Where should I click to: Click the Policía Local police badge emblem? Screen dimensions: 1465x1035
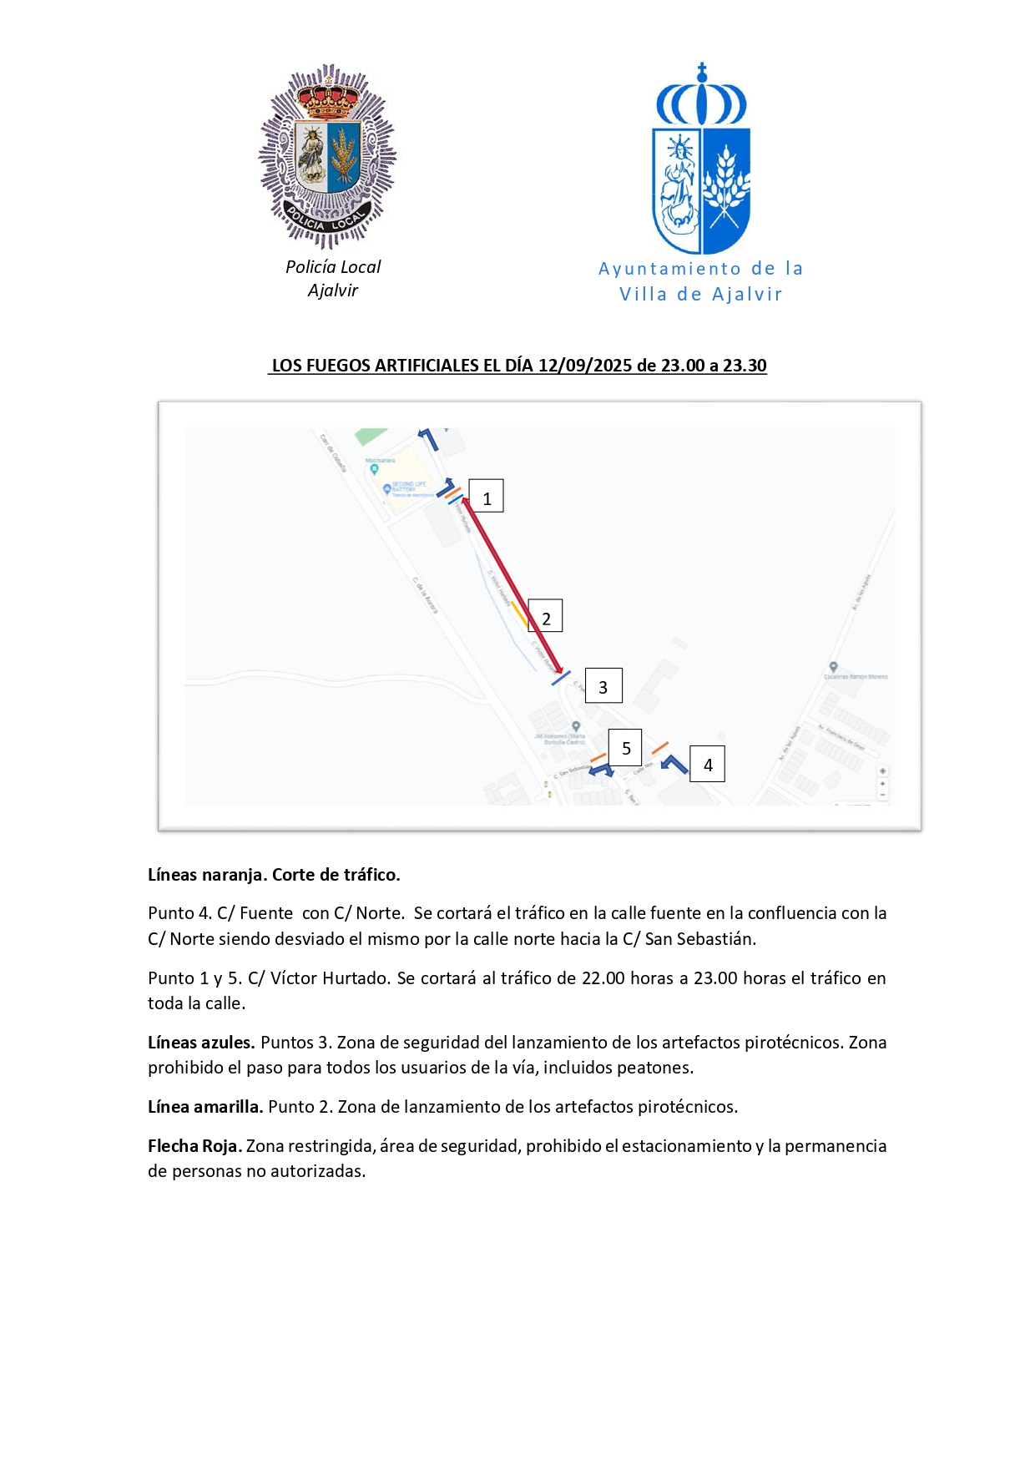[x=327, y=157]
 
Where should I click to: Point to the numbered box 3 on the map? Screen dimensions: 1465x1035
[x=603, y=686]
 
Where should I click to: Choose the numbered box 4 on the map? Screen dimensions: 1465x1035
[x=707, y=764]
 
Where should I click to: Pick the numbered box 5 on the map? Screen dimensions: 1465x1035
[x=625, y=748]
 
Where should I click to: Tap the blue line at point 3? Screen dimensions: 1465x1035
[x=561, y=678]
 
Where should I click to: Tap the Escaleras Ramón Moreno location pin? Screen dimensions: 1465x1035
[x=833, y=667]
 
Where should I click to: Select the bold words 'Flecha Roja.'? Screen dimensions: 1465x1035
[x=194, y=1146]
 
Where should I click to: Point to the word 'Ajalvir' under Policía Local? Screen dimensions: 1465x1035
[x=332, y=290]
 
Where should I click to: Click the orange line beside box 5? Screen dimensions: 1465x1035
[x=598, y=757]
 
